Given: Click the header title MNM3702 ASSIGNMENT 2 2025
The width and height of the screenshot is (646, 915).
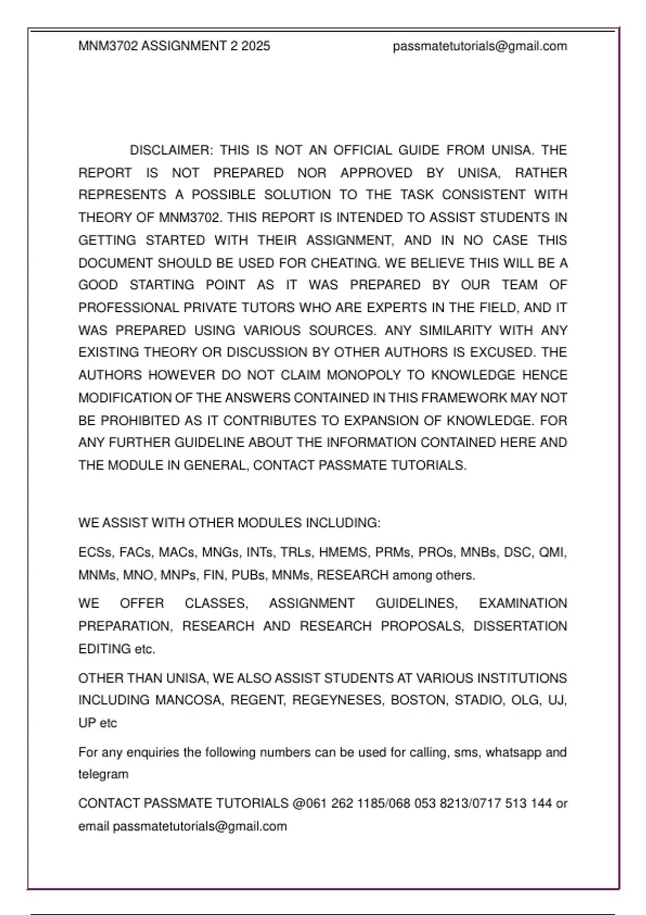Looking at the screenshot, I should point(174,46).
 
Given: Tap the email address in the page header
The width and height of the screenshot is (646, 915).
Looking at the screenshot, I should point(480,46).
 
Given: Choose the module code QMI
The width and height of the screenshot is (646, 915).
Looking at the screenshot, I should point(552,553).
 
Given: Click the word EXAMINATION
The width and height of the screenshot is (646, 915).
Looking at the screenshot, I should point(523,603).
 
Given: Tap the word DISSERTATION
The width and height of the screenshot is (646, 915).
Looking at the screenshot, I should point(520,627).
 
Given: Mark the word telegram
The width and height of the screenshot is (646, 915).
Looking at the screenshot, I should point(103,775).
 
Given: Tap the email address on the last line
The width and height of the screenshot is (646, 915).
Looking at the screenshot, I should point(200,826).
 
